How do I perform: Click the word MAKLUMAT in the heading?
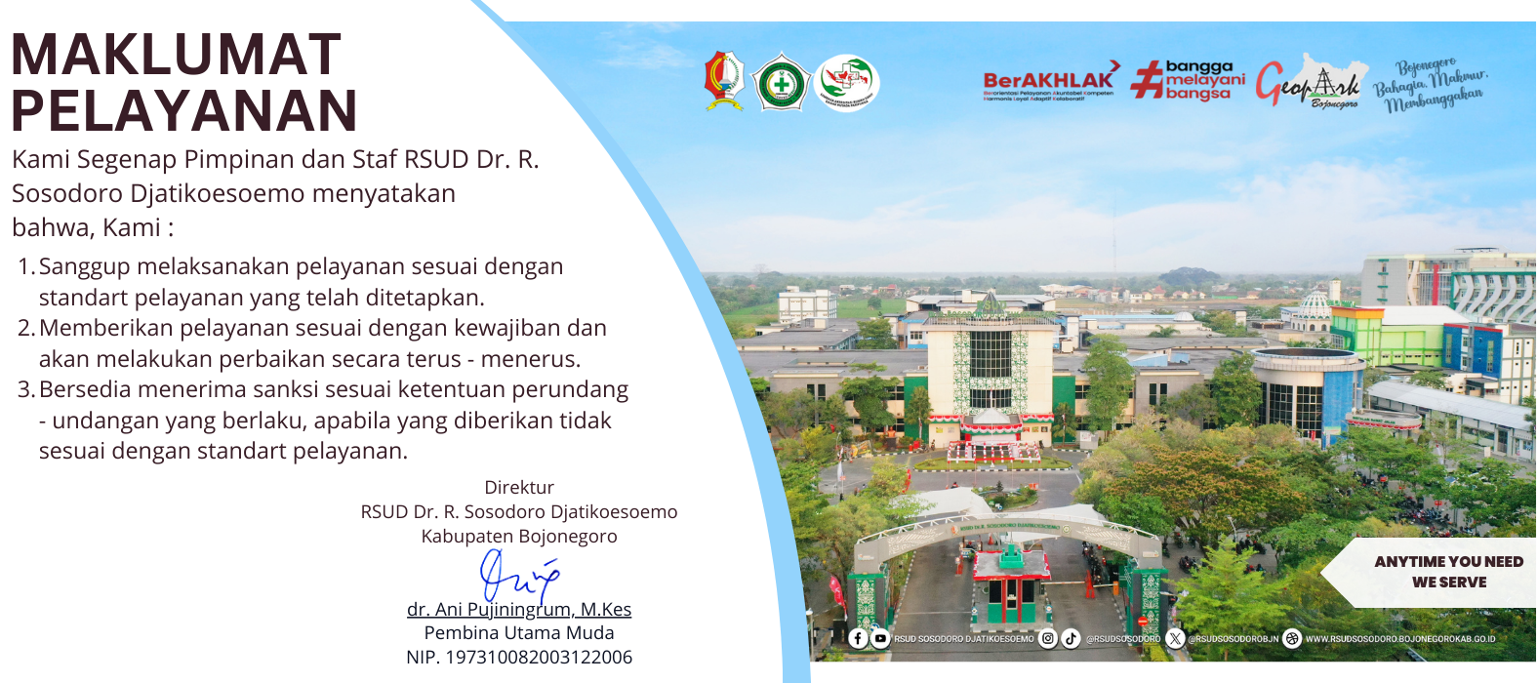(176, 55)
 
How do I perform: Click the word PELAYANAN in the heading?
(183, 111)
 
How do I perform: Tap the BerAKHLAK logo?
(1050, 83)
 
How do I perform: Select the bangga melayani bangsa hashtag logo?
(1189, 81)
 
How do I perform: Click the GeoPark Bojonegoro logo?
(1308, 83)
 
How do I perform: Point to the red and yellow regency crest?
(724, 81)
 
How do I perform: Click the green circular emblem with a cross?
(782, 83)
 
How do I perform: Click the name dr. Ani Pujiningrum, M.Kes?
(519, 610)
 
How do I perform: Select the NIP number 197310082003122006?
(519, 658)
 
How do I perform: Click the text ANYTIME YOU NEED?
(1448, 562)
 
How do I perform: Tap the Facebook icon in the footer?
(858, 638)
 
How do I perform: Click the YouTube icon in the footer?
(880, 638)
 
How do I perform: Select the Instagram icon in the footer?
(1047, 638)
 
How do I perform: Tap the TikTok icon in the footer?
(1071, 638)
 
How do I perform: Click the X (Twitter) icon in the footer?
(1175, 638)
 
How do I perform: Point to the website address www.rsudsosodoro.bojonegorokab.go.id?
(1399, 639)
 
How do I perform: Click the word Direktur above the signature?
(519, 488)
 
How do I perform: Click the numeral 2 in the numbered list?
(25, 328)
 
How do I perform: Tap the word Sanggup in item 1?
(84, 267)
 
